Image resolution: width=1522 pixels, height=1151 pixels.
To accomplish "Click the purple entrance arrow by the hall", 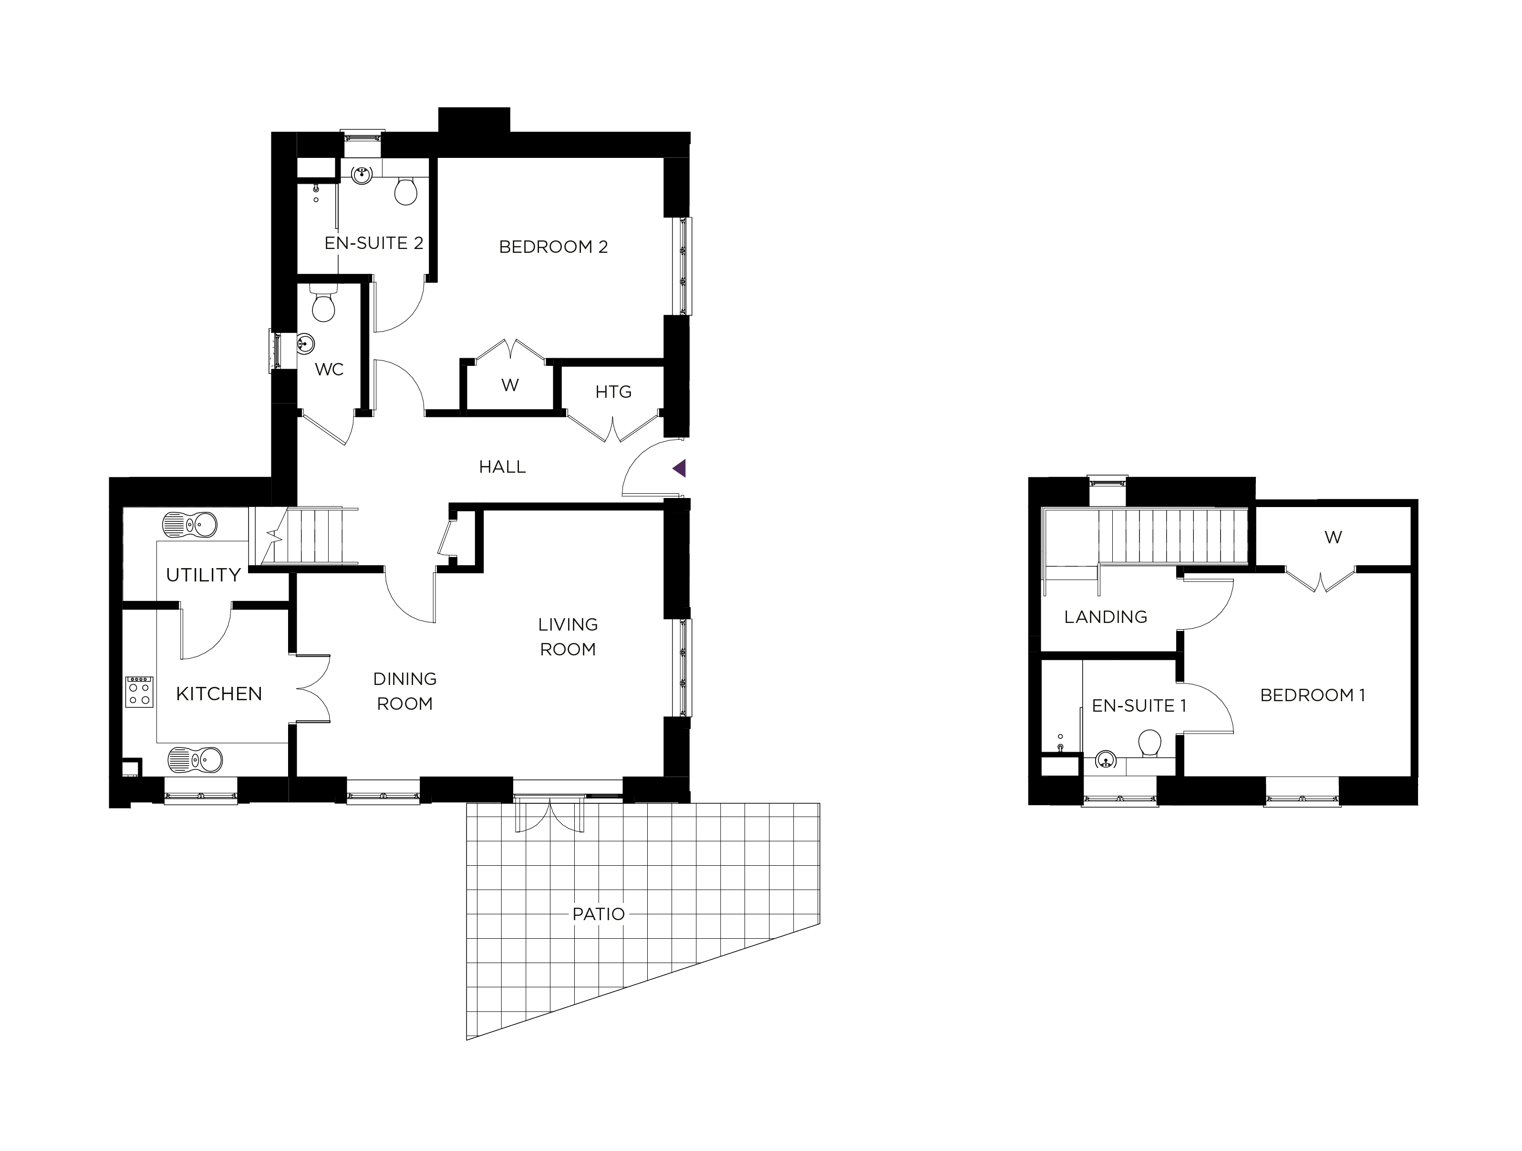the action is click(680, 468).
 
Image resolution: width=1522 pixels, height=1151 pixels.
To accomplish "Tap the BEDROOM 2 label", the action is click(553, 247).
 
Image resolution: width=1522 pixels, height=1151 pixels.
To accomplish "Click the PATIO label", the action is click(599, 914).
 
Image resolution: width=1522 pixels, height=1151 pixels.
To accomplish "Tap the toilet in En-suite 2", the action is click(406, 191).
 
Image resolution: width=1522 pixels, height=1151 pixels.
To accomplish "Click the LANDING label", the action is click(1106, 617).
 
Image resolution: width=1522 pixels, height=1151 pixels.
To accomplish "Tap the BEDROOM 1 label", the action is click(1312, 695).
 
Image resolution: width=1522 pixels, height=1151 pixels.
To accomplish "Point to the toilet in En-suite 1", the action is click(1150, 745).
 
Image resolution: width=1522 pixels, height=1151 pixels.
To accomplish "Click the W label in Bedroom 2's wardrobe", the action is click(510, 385).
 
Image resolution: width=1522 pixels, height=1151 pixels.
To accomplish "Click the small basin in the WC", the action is click(305, 342).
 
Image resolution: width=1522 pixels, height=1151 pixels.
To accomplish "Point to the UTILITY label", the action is click(204, 575).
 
